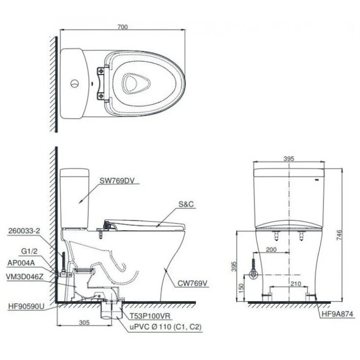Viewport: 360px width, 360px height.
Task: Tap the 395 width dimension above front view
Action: [289, 158]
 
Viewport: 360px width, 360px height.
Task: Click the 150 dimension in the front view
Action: [242, 287]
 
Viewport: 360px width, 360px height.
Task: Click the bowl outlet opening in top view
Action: [133, 82]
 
